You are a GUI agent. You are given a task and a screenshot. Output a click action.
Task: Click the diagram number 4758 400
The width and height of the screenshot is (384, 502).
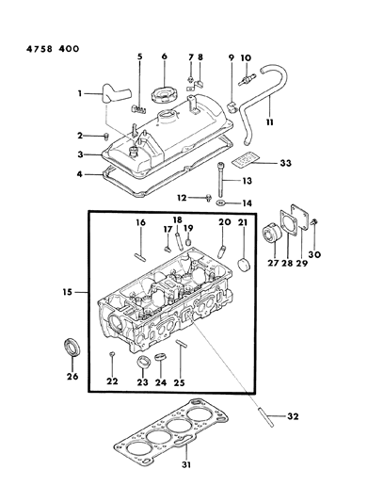(53, 49)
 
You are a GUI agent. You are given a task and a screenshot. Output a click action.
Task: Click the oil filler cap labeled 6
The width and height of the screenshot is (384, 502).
(165, 94)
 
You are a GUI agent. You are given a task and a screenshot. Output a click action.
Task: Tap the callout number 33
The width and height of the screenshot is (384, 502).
(286, 163)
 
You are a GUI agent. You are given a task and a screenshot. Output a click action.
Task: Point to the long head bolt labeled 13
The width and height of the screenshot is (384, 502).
(220, 180)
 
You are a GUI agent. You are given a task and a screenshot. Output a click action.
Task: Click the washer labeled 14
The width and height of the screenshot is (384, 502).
(220, 202)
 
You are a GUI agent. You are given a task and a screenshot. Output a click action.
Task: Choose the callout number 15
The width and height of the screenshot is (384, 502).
(68, 292)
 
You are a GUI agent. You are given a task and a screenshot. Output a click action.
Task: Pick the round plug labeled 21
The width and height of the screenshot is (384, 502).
(244, 264)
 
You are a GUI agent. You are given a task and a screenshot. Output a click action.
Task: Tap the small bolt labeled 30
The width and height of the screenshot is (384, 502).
(314, 222)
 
